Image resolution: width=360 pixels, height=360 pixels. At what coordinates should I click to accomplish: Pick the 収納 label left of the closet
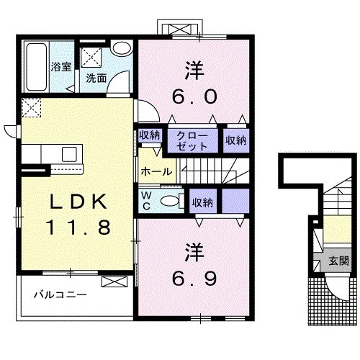[150, 134]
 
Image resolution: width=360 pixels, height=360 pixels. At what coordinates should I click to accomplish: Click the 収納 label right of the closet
[235, 140]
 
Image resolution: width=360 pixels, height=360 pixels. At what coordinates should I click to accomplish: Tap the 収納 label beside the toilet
[202, 202]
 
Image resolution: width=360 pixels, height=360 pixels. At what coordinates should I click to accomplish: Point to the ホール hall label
[156, 171]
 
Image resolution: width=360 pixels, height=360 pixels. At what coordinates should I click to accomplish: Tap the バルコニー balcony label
[63, 295]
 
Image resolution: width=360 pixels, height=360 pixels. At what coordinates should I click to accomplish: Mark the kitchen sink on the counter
[69, 153]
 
